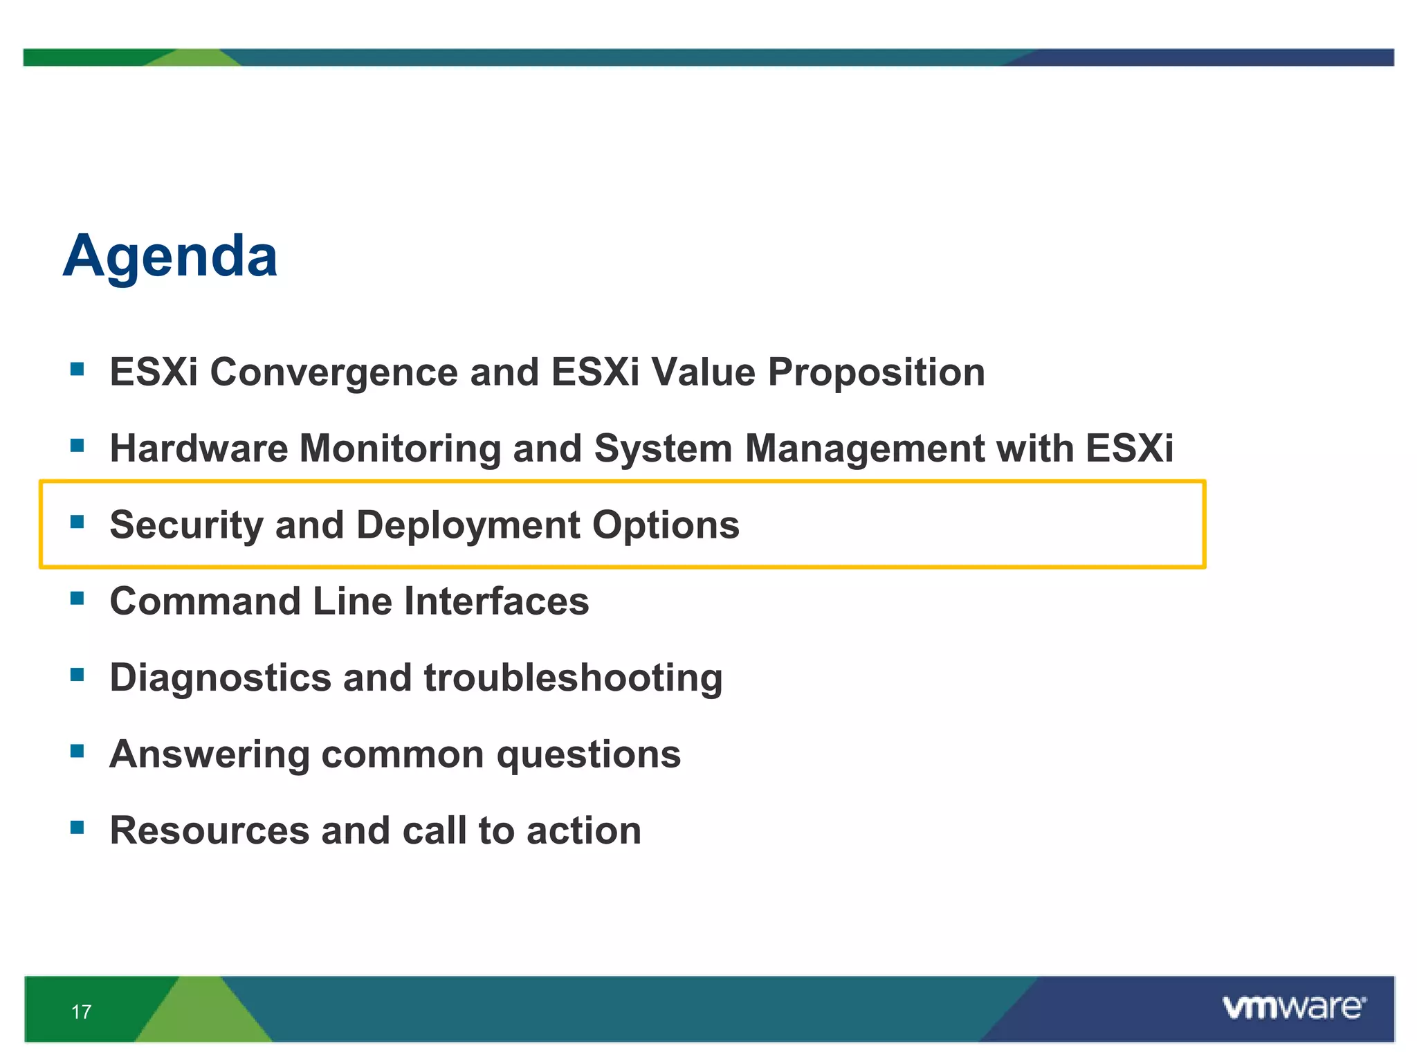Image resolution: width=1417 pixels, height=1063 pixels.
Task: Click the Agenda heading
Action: (x=170, y=257)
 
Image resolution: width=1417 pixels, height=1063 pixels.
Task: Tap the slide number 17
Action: (x=81, y=1012)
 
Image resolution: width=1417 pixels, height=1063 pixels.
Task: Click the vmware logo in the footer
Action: (x=1293, y=1008)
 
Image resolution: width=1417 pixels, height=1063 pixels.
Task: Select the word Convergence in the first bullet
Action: (x=333, y=372)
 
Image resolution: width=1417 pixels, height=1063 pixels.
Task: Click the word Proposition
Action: (x=876, y=374)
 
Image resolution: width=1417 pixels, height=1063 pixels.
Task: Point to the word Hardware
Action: (x=199, y=448)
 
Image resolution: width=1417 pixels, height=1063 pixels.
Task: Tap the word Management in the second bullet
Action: (x=864, y=450)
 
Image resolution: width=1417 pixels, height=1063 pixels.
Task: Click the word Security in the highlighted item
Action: (x=186, y=525)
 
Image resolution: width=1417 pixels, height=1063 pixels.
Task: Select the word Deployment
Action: (x=468, y=526)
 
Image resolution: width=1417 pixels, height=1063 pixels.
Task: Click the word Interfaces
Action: (x=496, y=601)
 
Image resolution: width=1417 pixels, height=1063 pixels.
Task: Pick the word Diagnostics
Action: (x=220, y=678)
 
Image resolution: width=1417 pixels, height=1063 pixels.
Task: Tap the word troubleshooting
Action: (x=573, y=678)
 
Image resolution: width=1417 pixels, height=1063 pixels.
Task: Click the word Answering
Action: (x=210, y=755)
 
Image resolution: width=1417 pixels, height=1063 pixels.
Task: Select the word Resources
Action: (x=210, y=830)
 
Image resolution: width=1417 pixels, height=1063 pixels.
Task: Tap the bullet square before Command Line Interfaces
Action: (x=77, y=598)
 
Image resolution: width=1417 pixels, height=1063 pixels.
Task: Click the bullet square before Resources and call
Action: (x=77, y=827)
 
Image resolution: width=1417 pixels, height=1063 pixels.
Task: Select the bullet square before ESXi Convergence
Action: (x=77, y=369)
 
